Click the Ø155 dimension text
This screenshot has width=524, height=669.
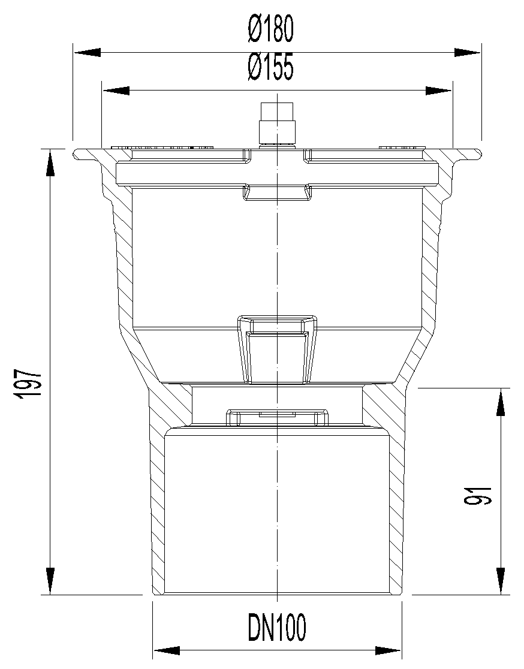[x=271, y=68]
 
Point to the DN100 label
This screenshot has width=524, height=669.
[x=277, y=627]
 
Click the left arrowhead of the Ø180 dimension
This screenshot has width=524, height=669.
[x=88, y=53]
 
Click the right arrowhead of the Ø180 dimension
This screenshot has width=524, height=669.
[x=467, y=53]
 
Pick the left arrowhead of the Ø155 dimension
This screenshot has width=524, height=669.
[x=116, y=91]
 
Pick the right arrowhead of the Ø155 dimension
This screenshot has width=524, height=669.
[x=438, y=91]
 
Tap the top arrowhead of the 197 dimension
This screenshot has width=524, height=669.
[x=50, y=162]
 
